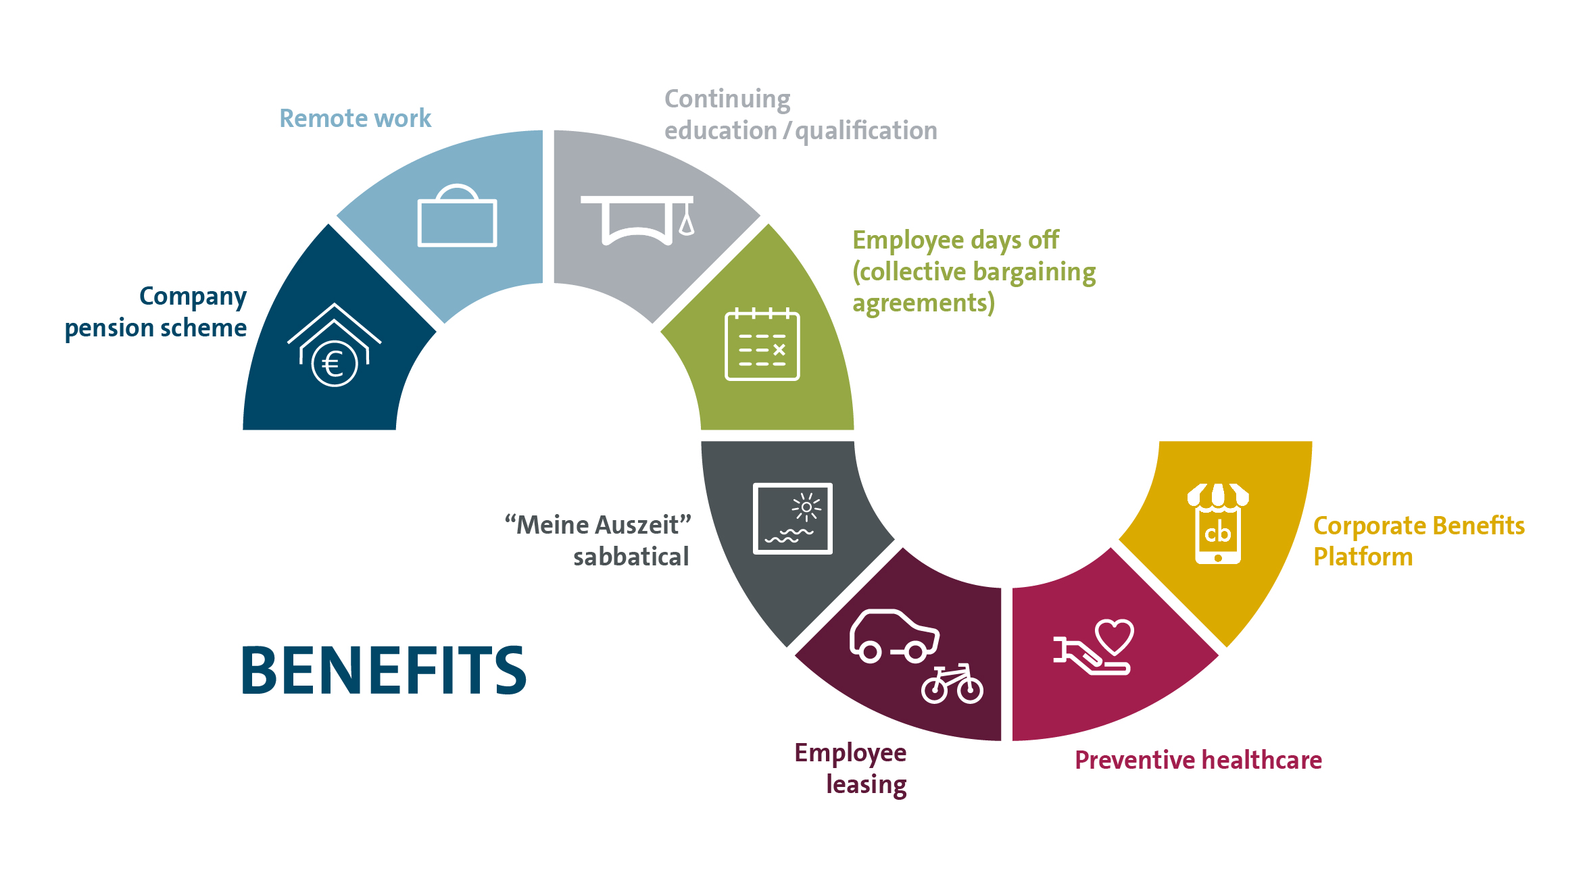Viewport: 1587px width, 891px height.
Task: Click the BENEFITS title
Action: [383, 670]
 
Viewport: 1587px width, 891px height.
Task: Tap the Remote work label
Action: [355, 118]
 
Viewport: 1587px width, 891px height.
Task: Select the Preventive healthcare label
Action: [1198, 760]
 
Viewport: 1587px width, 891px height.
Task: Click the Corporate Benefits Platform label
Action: [1418, 541]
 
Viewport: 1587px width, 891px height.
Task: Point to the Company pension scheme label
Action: [156, 312]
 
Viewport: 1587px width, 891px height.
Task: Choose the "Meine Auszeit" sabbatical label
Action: [598, 540]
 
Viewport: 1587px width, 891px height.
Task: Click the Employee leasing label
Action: [851, 769]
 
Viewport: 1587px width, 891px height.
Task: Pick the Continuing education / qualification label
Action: [800, 115]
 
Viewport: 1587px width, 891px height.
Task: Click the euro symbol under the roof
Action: [334, 365]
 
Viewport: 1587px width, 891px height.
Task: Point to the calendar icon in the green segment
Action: [762, 345]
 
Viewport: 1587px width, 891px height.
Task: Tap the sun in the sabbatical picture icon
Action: [806, 507]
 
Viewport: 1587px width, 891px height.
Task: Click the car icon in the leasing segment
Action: [894, 636]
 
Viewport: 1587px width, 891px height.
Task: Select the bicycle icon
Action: [952, 684]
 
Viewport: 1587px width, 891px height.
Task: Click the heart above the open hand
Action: [1114, 636]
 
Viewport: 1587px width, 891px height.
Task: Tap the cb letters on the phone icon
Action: [1217, 534]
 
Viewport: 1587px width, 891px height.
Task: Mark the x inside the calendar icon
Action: [779, 349]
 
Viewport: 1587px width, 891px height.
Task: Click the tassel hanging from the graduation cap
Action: [687, 221]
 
